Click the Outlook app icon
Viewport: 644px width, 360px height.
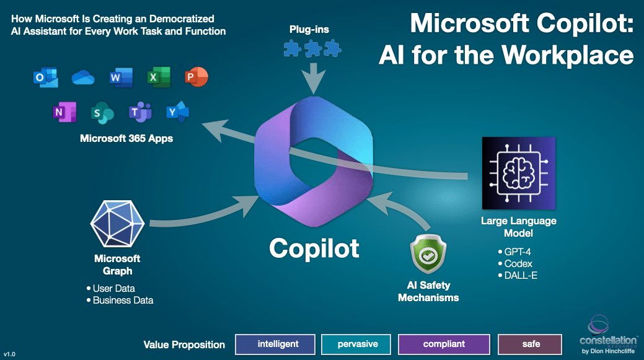pos(45,77)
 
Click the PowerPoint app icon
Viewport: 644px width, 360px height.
pos(196,77)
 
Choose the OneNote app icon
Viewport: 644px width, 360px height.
pos(64,112)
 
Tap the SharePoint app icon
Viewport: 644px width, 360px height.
pos(102,113)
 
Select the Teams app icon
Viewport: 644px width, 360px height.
pos(140,112)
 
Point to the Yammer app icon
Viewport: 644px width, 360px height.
pos(177,112)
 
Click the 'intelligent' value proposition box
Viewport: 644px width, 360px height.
pos(273,344)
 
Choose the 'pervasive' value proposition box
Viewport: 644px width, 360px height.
pos(358,344)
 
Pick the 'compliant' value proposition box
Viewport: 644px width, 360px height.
pos(444,344)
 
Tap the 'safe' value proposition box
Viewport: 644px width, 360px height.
pos(530,344)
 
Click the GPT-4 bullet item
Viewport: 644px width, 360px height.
pos(516,252)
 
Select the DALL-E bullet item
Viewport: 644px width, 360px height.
pos(519,274)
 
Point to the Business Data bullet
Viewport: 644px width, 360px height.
pos(122,300)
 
